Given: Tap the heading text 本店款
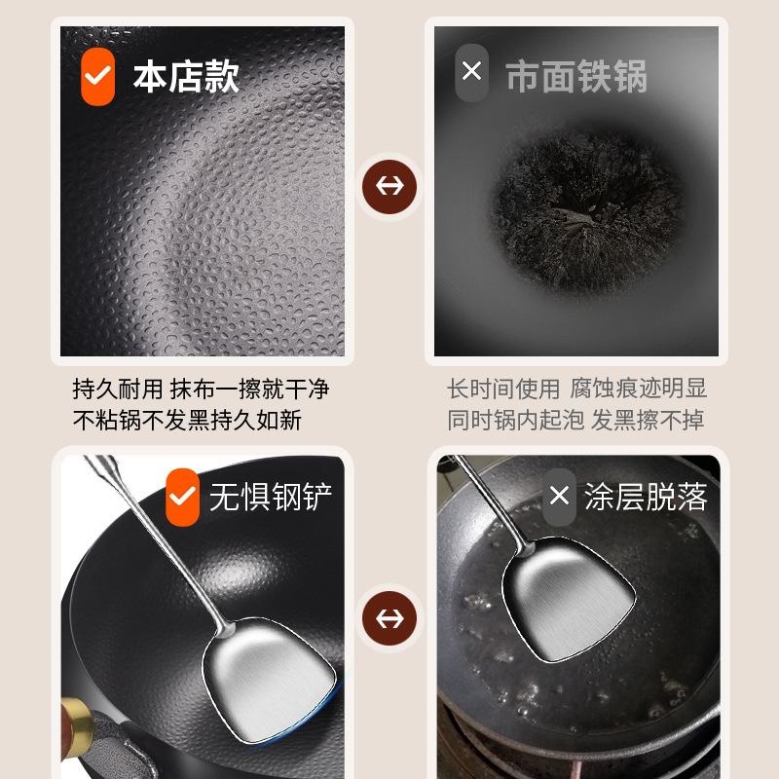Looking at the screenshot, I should coord(186,76).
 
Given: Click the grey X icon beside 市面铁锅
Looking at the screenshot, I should coord(471,72).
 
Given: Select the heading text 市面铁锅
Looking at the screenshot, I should coord(576,77).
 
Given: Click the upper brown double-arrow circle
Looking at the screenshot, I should coord(389,186).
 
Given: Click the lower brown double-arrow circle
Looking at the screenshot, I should coord(389,618).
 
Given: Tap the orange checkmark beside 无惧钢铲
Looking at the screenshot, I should coord(182,497).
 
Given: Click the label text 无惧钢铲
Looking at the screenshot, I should coord(271,498).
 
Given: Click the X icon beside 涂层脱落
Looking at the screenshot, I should coord(559,497).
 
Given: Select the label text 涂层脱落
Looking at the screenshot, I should coord(646,498).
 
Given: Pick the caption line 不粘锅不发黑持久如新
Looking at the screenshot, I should coord(188,421).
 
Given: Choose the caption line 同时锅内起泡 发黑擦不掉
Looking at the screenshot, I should coord(576,421).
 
